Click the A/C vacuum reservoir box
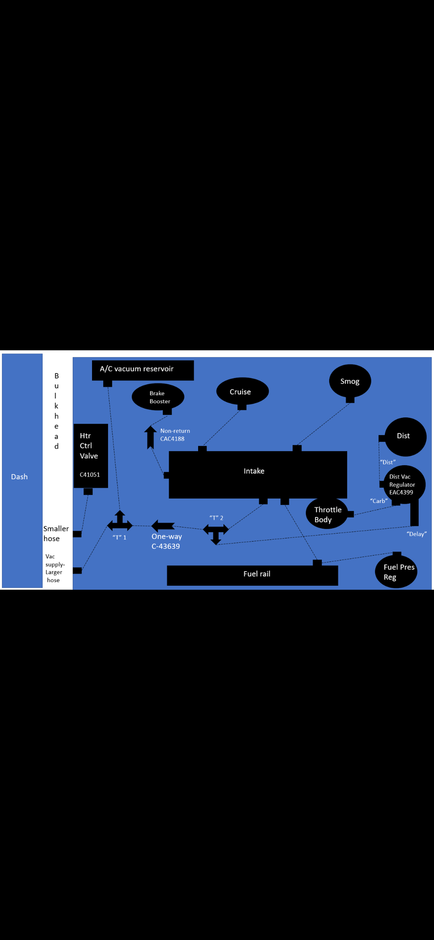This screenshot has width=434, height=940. [142, 370]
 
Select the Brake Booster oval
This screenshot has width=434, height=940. [158, 397]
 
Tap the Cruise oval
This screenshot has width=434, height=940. [242, 391]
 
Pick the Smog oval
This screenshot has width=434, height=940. [350, 381]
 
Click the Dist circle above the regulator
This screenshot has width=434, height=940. [405, 436]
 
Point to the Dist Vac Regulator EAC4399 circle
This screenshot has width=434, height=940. [404, 484]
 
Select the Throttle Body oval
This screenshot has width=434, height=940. [326, 514]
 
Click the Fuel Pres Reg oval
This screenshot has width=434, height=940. [396, 572]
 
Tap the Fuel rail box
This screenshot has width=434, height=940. [252, 574]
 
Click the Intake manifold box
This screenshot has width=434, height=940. [258, 474]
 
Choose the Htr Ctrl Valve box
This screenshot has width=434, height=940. [91, 455]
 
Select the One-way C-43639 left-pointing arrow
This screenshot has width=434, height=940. [163, 525]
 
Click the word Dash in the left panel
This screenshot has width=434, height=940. [19, 477]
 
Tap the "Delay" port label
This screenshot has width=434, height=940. [417, 534]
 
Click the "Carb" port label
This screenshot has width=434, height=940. [379, 501]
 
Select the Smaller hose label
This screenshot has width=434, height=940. [56, 533]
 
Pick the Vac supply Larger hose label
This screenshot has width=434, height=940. [54, 568]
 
